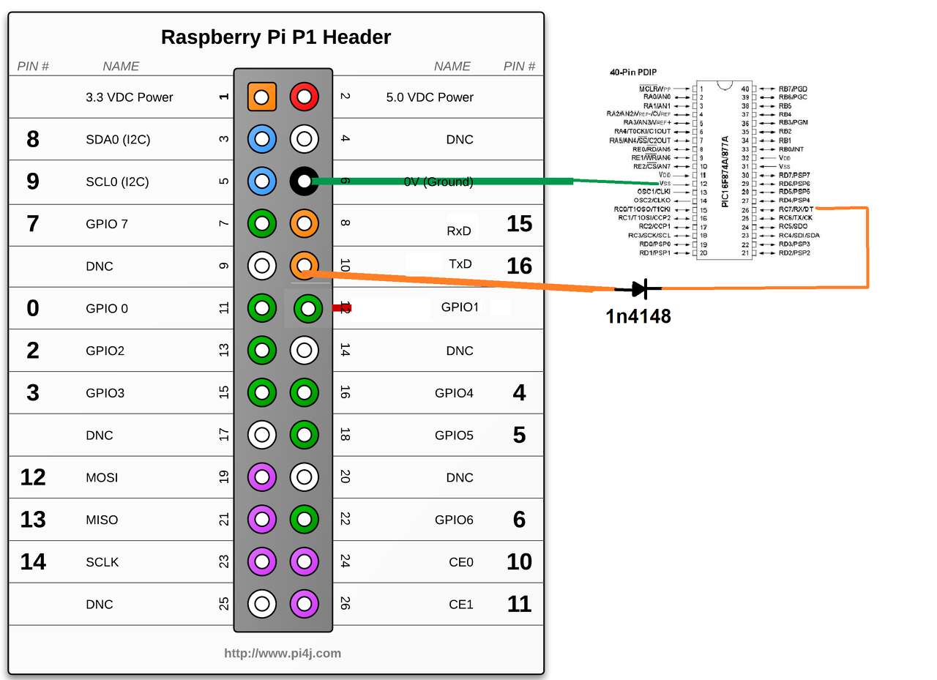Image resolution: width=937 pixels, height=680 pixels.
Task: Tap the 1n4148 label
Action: coord(638,316)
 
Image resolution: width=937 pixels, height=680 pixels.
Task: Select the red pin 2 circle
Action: coord(305,97)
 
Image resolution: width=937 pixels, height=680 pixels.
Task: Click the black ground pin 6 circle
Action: coord(305,181)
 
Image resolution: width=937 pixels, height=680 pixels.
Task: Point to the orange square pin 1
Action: coord(262,97)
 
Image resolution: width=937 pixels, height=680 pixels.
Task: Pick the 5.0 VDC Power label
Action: coord(430,97)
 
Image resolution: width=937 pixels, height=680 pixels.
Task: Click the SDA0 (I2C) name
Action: coord(118,139)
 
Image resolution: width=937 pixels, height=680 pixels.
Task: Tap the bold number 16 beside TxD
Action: coord(519,266)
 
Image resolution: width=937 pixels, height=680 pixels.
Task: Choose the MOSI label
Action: coord(102,477)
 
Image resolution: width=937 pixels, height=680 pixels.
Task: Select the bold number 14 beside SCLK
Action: coord(33,561)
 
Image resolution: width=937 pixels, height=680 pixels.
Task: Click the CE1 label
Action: coord(461,605)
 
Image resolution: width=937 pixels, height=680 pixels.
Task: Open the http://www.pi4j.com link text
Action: coord(283,653)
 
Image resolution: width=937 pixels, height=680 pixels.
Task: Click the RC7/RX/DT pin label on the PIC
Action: coord(796,209)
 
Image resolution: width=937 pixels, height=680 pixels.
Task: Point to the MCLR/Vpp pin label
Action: coord(654,89)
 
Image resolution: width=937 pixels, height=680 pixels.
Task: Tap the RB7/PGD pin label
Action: coord(793,89)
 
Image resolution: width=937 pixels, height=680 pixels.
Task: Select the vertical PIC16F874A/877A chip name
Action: coord(725,171)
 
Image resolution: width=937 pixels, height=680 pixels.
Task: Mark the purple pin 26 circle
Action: coord(305,604)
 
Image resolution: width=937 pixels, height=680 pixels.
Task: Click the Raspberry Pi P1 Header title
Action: coord(276,37)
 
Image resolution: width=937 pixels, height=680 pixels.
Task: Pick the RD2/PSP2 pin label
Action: coord(794,253)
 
